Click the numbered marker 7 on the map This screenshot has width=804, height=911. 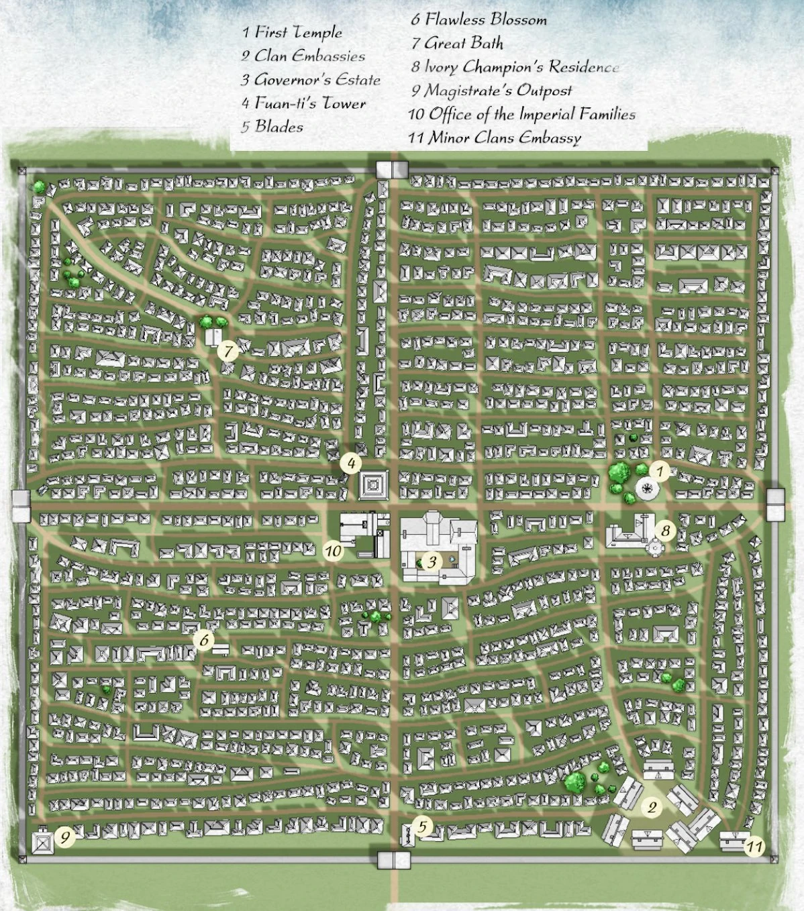pyautogui.click(x=228, y=350)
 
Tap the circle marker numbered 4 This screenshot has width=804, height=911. pyautogui.click(x=350, y=463)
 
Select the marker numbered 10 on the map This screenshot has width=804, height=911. pyautogui.click(x=334, y=551)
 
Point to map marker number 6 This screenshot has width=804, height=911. pyautogui.click(x=204, y=639)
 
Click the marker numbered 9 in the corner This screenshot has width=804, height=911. pyautogui.click(x=65, y=837)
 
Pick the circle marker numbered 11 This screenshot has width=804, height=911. pyautogui.click(x=755, y=847)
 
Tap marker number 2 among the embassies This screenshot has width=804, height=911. pyautogui.click(x=651, y=807)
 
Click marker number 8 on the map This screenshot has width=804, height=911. pyautogui.click(x=665, y=531)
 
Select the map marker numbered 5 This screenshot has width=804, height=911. pyautogui.click(x=422, y=826)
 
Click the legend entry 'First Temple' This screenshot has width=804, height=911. pyautogui.click(x=293, y=32)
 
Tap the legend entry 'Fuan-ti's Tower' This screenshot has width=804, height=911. pyautogui.click(x=304, y=103)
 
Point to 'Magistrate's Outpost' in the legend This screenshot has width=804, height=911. pyautogui.click(x=491, y=91)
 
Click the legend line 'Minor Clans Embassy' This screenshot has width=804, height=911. pyautogui.click(x=495, y=138)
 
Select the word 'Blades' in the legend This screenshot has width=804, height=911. pyautogui.click(x=272, y=127)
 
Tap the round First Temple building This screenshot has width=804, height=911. pyautogui.click(x=648, y=489)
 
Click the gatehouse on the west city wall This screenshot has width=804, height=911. pyautogui.click(x=21, y=505)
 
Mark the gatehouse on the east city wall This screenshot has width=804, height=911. pyautogui.click(x=776, y=504)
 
